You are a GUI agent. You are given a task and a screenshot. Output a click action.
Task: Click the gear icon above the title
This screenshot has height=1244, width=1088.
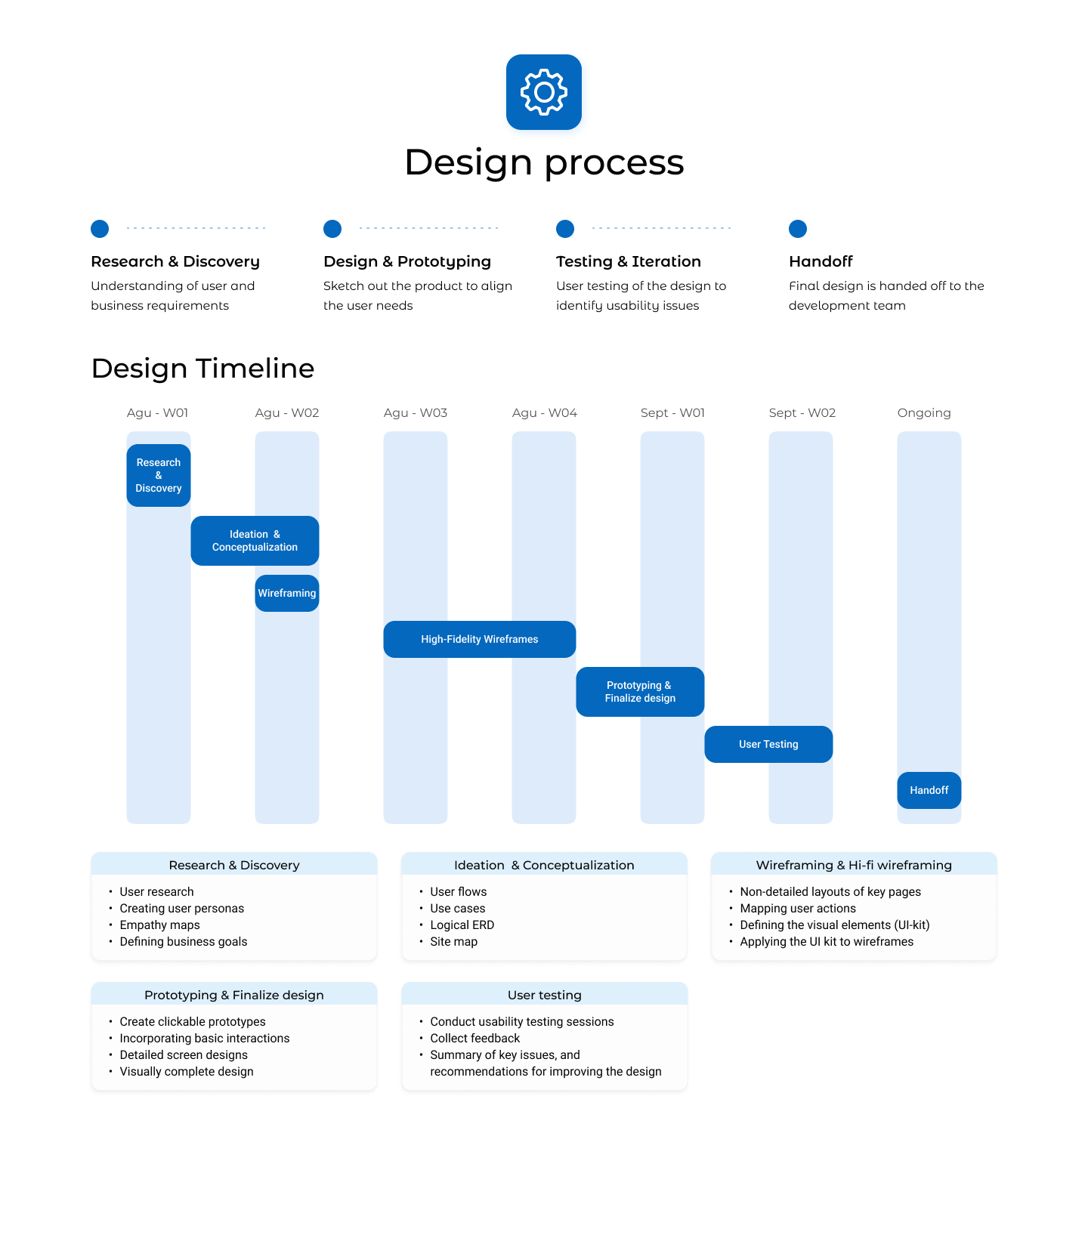[x=544, y=92]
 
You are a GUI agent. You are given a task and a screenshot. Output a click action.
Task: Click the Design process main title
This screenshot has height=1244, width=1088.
[x=544, y=162]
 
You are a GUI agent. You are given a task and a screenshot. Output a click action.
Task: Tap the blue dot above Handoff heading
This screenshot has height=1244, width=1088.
[x=798, y=228]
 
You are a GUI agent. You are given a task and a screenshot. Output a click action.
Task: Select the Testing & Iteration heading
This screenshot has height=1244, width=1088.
[x=629, y=261]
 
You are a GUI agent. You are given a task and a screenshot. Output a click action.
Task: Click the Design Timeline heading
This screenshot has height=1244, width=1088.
[x=202, y=369]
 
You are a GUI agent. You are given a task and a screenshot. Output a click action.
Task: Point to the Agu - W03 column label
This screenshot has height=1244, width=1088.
[x=416, y=412]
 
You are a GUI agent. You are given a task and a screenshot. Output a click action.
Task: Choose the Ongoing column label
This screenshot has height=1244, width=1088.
[x=924, y=412]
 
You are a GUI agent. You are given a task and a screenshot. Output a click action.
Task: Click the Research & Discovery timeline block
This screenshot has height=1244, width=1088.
[x=159, y=475]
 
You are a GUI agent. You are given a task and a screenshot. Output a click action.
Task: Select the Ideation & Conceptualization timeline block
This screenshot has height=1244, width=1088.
[x=255, y=541]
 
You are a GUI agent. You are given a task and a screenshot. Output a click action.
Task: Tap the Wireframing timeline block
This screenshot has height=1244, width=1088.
[x=287, y=593]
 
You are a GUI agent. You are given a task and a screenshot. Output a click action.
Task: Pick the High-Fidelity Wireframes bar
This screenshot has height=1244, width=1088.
[x=480, y=639]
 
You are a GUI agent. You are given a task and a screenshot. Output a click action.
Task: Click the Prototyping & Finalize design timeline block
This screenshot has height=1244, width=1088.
[x=640, y=692]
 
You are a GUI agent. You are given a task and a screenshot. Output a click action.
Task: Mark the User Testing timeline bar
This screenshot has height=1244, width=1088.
[x=768, y=744]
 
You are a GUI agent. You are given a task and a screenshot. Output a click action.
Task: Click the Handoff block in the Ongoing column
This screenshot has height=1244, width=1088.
[x=929, y=790]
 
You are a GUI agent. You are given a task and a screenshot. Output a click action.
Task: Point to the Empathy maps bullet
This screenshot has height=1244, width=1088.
[x=159, y=925]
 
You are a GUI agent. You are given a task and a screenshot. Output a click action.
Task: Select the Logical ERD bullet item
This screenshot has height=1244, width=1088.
[x=462, y=925]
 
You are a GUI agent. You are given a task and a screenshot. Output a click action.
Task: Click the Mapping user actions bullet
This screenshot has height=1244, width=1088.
[x=798, y=909]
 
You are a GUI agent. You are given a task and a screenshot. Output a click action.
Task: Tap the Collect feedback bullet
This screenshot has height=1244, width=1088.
[x=474, y=1039]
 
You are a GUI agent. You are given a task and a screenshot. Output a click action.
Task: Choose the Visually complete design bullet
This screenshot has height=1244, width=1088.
[x=186, y=1072]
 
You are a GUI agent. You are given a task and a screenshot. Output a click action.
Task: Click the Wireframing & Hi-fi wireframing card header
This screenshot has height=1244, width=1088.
[x=854, y=865]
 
